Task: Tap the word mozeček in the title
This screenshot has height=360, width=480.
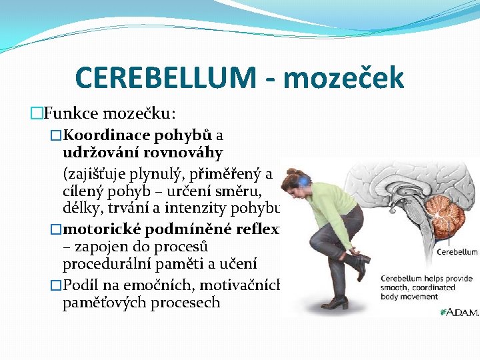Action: (x=344, y=77)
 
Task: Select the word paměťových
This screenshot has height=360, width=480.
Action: (x=99, y=302)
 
